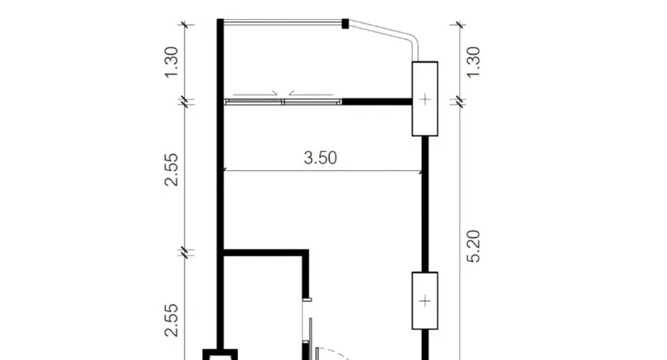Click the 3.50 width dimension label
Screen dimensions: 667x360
(320, 158)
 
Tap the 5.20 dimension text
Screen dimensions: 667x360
(473, 247)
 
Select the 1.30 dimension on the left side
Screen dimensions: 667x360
(171, 62)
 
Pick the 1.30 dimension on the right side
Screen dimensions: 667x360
(473, 62)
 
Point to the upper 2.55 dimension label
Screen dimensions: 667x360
(171, 170)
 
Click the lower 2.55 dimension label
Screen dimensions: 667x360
(171, 320)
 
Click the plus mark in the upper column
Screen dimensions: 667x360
(425, 100)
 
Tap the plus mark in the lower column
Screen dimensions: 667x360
(425, 302)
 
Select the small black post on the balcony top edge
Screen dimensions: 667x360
(346, 24)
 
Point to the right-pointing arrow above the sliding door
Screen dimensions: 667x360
(255, 93)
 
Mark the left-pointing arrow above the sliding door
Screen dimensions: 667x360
(311, 93)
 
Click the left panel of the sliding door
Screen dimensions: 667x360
(254, 102)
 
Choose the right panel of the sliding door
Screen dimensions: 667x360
(312, 102)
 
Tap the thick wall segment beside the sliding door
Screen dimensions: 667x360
(377, 102)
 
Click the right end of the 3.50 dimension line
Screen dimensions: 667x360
(422, 172)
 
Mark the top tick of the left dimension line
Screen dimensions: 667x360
(185, 25)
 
